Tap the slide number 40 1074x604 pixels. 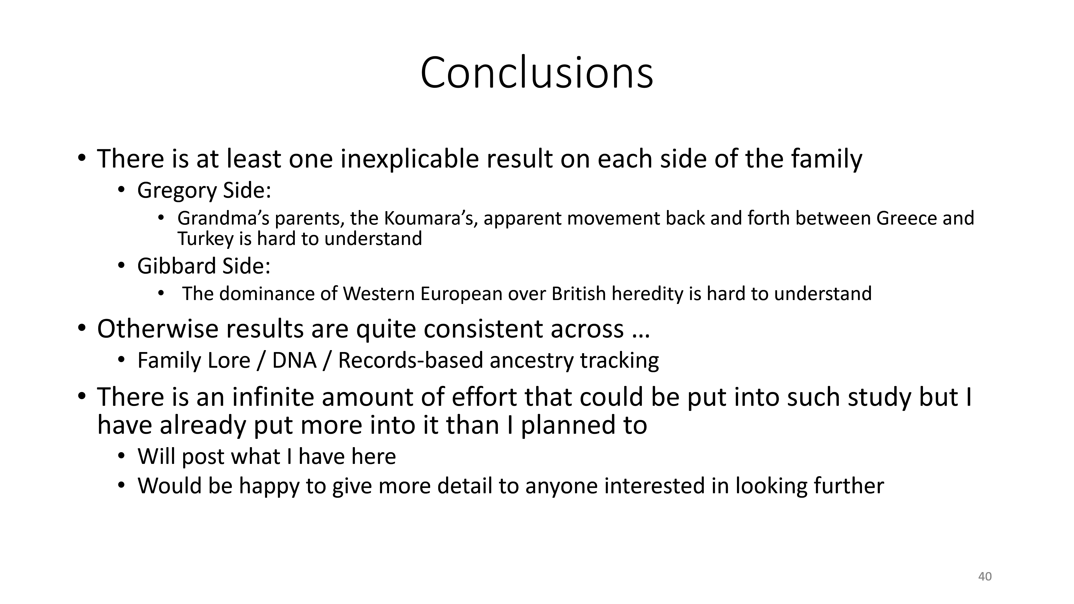985,577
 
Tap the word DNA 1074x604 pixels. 294,360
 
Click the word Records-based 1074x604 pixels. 411,360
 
